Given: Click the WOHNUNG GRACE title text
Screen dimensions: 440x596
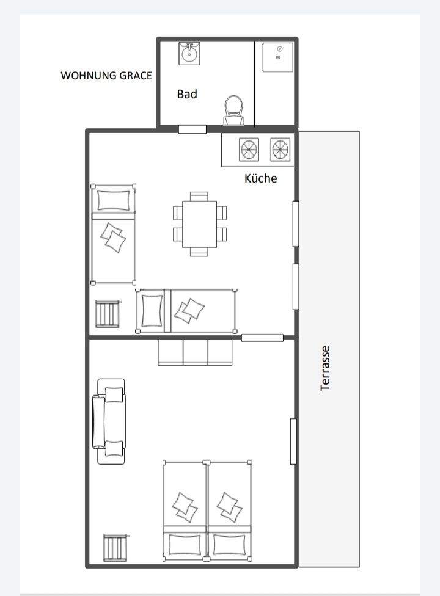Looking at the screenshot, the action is point(106,75).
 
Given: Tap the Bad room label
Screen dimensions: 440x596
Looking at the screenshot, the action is point(187,94).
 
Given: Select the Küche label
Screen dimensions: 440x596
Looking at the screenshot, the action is point(260,178).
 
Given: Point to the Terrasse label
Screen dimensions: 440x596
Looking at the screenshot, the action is point(324,368).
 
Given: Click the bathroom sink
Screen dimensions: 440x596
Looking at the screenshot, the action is point(189,54).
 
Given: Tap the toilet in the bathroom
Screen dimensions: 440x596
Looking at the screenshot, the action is point(233,111).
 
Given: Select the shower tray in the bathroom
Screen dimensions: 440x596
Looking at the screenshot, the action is point(277,57).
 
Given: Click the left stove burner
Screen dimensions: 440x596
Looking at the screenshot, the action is point(249,150).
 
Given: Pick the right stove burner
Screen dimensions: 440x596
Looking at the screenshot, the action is point(280,150).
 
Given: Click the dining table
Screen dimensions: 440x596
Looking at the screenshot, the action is point(199,224).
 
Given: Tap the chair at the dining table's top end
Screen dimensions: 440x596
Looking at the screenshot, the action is point(199,197).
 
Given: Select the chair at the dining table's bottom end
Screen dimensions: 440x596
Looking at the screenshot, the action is point(199,252).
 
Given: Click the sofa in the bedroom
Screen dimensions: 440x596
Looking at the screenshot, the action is point(109,421).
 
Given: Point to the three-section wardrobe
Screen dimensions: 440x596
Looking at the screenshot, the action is point(195,352).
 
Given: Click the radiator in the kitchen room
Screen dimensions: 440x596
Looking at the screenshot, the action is point(108,314).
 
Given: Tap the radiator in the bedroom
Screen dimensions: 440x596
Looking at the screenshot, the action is point(116,548).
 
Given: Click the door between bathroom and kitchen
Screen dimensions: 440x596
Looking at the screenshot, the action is point(193,129).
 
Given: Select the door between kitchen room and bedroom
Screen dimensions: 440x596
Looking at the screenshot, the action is point(262,338).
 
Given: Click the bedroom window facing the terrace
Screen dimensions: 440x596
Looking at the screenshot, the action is point(293,442).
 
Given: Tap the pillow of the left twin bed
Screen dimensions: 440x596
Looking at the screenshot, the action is point(185,544).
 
